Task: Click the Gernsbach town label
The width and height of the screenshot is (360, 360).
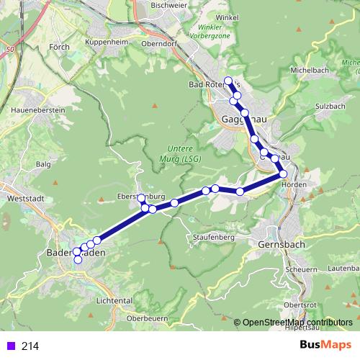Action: click(x=281, y=245)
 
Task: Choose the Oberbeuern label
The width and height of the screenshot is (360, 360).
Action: click(x=148, y=318)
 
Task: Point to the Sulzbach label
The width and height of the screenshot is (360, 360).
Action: click(x=331, y=107)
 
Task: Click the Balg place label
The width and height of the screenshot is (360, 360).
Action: click(x=43, y=164)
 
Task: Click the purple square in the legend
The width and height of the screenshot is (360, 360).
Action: click(x=9, y=346)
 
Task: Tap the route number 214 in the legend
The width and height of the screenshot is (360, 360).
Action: click(x=30, y=346)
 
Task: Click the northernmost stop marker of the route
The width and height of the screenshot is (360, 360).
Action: click(x=228, y=81)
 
